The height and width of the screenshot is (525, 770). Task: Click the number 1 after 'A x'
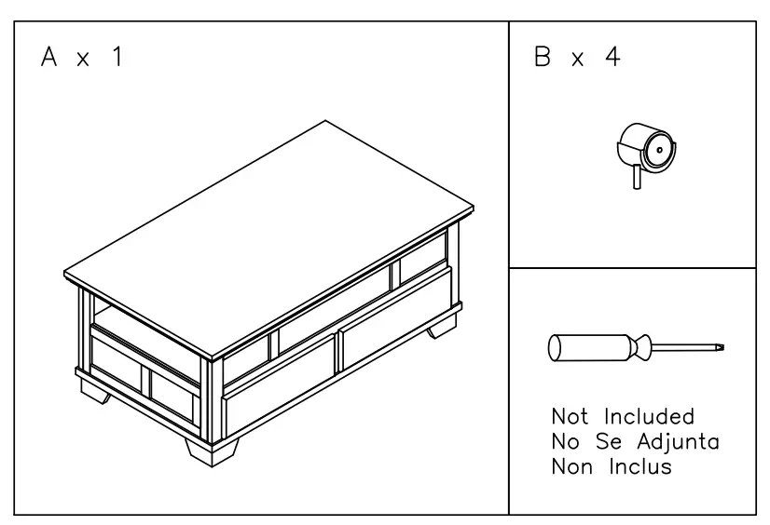click(x=117, y=59)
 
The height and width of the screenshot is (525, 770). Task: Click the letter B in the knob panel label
click(x=542, y=58)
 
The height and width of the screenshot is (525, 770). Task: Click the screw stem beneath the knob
click(x=638, y=177)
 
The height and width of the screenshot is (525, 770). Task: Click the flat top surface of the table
click(x=270, y=237)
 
